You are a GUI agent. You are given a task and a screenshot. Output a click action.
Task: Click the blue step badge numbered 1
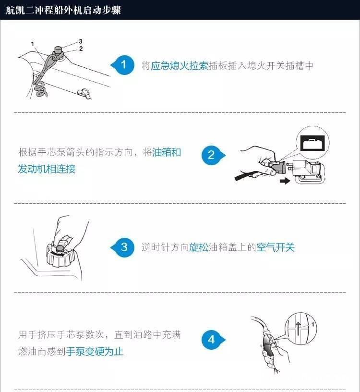(123, 65)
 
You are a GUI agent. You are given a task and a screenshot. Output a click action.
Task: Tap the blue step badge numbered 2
(212, 155)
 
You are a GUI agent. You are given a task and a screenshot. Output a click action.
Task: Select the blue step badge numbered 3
(123, 247)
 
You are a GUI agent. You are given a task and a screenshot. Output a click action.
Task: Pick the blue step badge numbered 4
(212, 340)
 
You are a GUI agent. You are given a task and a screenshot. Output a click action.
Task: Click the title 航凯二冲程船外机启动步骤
(63, 10)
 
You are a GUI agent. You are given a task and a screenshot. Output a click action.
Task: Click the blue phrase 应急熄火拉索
(180, 66)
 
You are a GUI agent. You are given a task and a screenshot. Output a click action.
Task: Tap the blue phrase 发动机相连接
(47, 169)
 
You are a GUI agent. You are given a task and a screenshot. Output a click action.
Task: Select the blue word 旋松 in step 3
(199, 247)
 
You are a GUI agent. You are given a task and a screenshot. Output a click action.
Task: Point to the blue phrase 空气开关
(276, 247)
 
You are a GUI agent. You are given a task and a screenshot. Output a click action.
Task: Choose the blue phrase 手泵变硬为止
(95, 352)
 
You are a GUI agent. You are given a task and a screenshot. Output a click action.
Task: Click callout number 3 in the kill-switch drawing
(81, 41)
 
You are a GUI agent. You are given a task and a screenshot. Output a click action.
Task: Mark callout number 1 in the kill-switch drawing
(33, 44)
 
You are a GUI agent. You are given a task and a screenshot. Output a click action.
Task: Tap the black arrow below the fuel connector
(285, 181)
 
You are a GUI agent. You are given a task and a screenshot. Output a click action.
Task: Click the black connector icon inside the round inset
(312, 143)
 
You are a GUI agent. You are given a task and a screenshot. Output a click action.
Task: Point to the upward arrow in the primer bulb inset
(298, 329)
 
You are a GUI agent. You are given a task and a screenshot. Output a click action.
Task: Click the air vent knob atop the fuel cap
(60, 248)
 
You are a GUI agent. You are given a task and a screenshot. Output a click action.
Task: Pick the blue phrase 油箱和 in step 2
(167, 152)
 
